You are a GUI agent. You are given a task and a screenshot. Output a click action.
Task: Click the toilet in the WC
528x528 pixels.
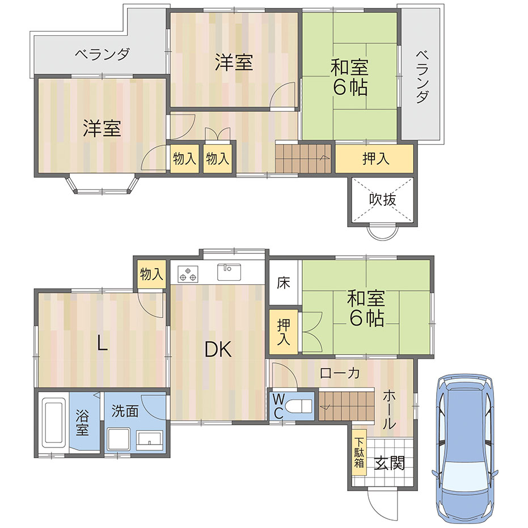point(298,405)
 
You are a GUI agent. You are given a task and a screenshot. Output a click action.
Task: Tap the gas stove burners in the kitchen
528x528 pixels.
point(188,274)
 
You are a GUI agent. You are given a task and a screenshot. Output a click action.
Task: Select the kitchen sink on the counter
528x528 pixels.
point(229,272)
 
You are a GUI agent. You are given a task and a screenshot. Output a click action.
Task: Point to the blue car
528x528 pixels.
point(465,450)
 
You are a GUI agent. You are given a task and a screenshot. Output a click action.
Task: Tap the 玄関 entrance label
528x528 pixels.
point(390,463)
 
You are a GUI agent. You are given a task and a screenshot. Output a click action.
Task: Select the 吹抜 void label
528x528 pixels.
point(382,200)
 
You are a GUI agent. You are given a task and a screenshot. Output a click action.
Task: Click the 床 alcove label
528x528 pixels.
point(284,283)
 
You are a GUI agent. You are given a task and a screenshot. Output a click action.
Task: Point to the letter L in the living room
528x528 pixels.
point(102,343)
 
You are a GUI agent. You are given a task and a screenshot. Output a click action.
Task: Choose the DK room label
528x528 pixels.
point(218,349)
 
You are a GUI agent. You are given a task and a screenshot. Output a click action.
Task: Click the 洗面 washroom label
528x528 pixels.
point(125,411)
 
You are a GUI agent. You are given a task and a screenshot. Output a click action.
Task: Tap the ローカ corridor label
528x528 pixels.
point(340,373)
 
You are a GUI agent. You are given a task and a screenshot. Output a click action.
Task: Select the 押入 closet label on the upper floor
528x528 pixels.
point(376,158)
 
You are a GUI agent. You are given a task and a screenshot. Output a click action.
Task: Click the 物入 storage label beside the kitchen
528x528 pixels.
point(151,274)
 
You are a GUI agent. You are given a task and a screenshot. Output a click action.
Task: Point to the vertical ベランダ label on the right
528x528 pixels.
point(423,77)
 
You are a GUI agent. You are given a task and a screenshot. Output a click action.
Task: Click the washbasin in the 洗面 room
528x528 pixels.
point(150,440)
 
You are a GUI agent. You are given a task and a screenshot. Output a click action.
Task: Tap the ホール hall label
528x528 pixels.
point(389,409)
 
